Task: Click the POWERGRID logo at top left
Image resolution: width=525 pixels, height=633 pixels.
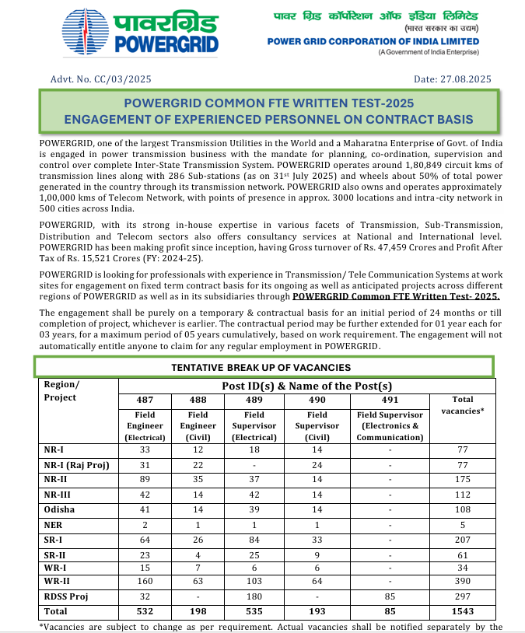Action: coord(141,32)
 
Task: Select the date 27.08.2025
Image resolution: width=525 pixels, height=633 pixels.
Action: coord(466,79)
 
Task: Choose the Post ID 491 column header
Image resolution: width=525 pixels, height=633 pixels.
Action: coord(389,400)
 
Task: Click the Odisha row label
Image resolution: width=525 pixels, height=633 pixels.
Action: coord(60,509)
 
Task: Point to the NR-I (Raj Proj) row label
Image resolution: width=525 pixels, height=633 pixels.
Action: coord(75,465)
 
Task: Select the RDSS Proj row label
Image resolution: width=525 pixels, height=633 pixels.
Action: coord(66,596)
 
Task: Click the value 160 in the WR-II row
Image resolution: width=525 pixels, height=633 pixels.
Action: coord(144,582)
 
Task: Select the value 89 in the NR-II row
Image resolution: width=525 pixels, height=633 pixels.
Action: coord(144,480)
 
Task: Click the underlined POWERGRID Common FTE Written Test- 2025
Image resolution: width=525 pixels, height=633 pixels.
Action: coord(396,296)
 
